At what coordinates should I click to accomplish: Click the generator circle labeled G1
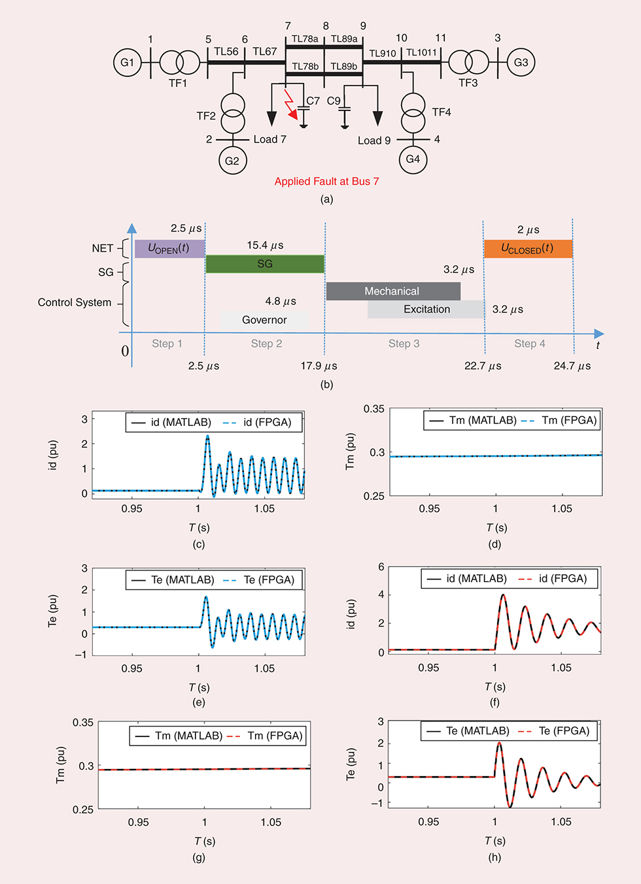click(x=127, y=63)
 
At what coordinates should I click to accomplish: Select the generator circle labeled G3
click(x=521, y=63)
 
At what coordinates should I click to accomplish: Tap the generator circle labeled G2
click(x=232, y=161)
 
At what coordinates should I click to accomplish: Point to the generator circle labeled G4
click(x=413, y=159)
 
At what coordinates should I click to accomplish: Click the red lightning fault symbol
click(x=290, y=105)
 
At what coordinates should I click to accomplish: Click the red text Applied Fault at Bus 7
click(x=326, y=182)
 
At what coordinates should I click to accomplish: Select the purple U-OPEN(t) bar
click(x=169, y=249)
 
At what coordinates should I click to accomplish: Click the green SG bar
click(x=265, y=264)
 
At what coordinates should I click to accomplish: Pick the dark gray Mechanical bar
click(x=392, y=291)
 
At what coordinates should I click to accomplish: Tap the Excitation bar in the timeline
click(x=426, y=310)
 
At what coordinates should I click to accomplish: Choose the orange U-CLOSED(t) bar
click(x=527, y=249)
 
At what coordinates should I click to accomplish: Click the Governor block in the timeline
click(x=264, y=320)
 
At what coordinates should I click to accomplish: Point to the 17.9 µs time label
click(x=319, y=366)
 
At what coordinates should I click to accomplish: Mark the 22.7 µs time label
click(x=483, y=366)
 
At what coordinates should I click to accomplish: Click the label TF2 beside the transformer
click(x=206, y=116)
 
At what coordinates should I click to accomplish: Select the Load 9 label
click(x=374, y=140)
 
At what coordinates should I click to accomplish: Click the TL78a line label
click(x=305, y=39)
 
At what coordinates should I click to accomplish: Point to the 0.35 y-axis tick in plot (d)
click(x=374, y=409)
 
